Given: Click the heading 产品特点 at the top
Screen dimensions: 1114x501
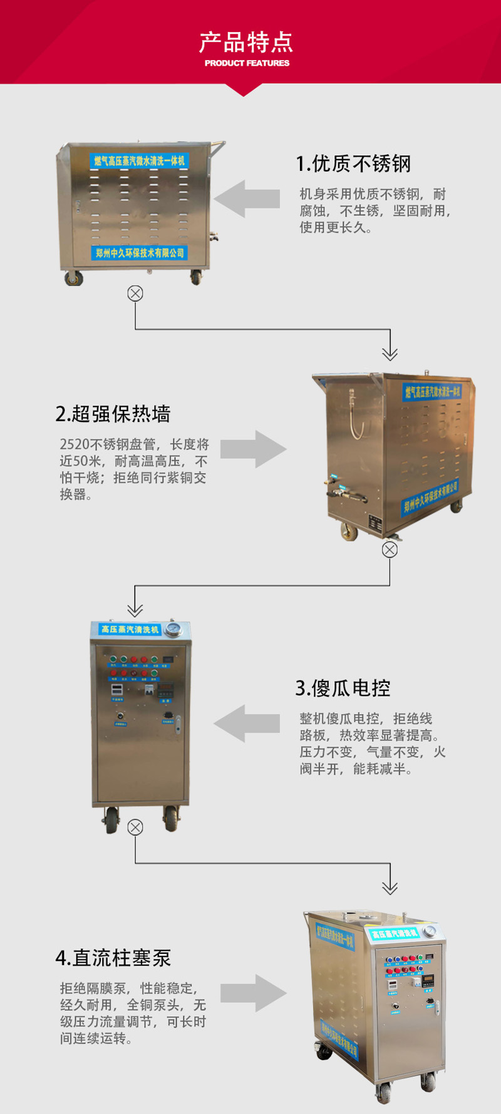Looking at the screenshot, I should point(246,42).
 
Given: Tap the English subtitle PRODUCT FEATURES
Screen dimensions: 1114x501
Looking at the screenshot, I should point(247,63).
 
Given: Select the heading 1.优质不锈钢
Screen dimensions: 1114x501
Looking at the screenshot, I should point(353,164).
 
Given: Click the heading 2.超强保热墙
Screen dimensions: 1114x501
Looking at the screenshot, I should point(113,414).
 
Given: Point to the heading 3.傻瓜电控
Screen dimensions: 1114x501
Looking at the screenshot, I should point(343,688).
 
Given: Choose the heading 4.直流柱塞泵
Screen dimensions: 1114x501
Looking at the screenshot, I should point(113,958).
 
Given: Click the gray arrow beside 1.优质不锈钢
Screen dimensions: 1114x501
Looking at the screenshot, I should point(247,199).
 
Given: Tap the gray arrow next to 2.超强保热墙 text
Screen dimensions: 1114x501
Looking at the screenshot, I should point(253,449).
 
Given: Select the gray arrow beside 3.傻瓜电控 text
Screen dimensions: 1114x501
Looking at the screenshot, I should point(247,723).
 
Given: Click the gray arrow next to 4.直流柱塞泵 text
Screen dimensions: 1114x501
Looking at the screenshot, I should point(253,993).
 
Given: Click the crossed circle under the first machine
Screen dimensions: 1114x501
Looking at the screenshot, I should point(135,294).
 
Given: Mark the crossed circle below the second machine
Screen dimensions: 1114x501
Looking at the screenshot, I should point(390,549).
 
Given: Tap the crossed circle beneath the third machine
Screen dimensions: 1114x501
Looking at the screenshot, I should point(135,827).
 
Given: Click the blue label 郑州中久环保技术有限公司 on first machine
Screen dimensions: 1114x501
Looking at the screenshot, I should point(140,253).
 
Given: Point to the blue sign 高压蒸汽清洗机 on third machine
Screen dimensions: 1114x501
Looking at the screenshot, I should point(130,630).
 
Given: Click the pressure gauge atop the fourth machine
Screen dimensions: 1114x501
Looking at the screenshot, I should point(430,931).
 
